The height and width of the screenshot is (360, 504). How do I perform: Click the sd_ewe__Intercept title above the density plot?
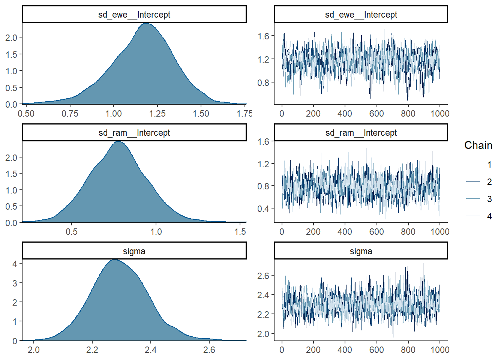tap(134, 15)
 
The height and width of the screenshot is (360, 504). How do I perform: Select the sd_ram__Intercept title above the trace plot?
tap(361, 133)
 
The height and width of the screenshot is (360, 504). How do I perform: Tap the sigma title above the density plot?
tap(134, 251)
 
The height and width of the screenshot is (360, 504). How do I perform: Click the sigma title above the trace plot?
tap(361, 251)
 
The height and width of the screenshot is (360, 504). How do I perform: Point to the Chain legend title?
tap(478, 145)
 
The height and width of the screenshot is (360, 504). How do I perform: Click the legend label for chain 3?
tap(489, 199)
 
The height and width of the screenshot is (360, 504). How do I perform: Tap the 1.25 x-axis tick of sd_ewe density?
tap(157, 114)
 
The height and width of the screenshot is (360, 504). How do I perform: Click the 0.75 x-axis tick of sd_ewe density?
tap(70, 114)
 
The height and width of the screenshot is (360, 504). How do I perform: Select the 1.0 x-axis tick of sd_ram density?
tap(156, 232)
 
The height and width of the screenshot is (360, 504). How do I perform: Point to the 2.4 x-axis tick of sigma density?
tap(150, 350)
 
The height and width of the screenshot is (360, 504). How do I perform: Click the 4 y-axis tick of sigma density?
tap(15, 264)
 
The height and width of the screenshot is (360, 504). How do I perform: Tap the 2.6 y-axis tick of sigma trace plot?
tap(263, 276)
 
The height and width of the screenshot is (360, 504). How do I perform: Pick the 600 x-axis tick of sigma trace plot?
tap(376, 350)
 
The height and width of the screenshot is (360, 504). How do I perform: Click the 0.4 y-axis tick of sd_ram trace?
tap(263, 208)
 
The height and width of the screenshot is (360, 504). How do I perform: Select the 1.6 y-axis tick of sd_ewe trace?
tap(263, 36)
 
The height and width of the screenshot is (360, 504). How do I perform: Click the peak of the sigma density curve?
tap(114, 260)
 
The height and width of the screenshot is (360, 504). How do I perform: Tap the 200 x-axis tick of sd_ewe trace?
tap(313, 114)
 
